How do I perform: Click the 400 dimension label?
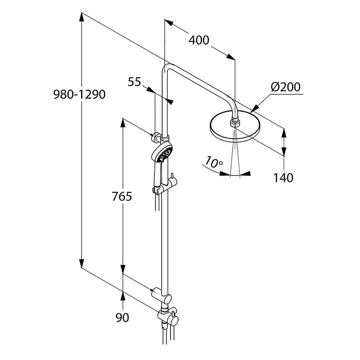[x=199, y=40]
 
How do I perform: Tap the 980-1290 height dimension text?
[x=79, y=94]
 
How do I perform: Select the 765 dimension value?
[x=122, y=196]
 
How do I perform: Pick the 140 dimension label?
[x=283, y=178]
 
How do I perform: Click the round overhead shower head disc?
[x=235, y=127]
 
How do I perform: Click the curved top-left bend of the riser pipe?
[x=167, y=69]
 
